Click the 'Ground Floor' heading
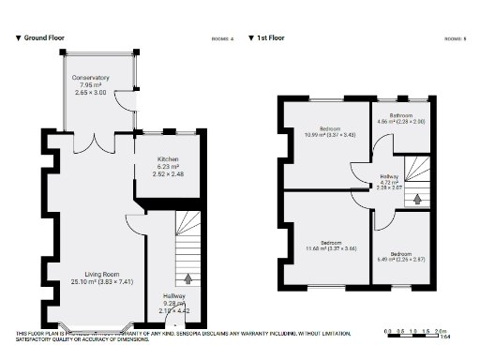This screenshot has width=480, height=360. pyautogui.click(x=43, y=38)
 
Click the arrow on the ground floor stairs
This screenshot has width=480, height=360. pyautogui.click(x=190, y=277)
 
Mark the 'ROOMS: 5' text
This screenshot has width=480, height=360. pyautogui.click(x=455, y=38)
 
